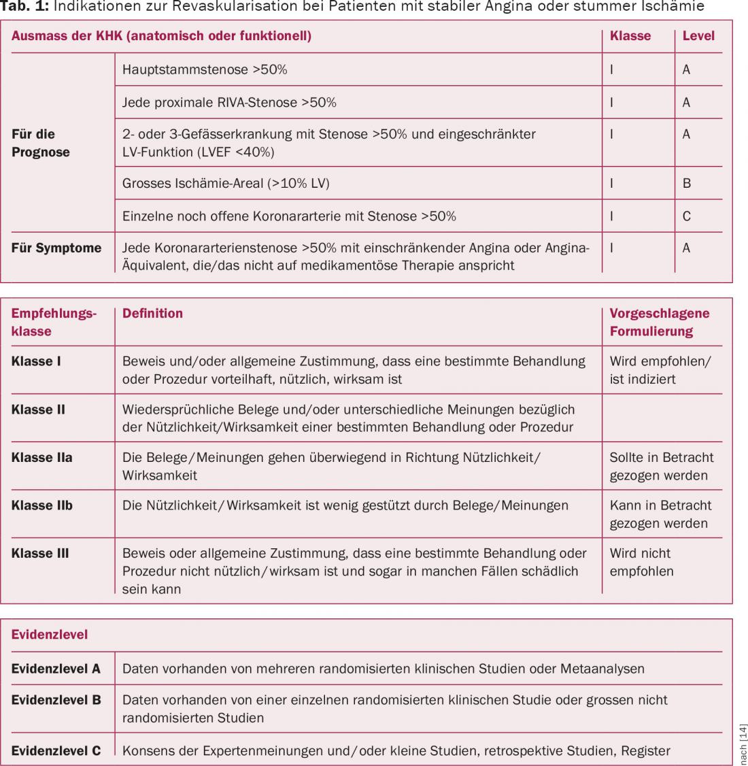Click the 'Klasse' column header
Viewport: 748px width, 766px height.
point(630,36)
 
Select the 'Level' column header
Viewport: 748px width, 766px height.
point(698,36)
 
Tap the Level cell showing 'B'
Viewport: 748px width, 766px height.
point(686,183)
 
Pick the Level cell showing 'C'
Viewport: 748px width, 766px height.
point(686,216)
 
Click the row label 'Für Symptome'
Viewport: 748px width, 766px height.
point(56,248)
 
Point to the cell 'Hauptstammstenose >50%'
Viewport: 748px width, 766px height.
point(205,69)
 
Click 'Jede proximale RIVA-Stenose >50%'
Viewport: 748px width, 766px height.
point(229,103)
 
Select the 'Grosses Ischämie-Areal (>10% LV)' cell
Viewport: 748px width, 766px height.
point(226,183)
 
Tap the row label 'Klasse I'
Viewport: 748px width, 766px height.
point(36,361)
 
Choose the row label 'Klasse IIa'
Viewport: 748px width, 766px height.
point(41,458)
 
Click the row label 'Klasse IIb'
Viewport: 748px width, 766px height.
point(42,505)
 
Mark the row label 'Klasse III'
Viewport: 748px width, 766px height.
point(40,553)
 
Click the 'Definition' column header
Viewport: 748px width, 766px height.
point(152,314)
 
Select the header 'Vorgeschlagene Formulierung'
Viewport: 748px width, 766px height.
point(659,322)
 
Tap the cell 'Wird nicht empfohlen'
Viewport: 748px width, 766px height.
point(641,562)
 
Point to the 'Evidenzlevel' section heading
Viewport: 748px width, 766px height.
point(50,635)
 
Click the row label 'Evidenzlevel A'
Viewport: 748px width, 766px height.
point(56,669)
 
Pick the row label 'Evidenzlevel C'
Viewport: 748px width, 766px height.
point(56,751)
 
